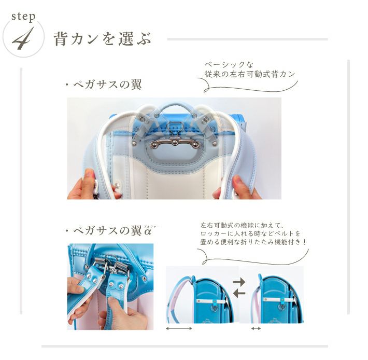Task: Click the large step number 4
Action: [x=22, y=39]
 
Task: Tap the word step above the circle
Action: [x=23, y=17]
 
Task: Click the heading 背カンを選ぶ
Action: [x=102, y=39]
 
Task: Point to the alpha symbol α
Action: [x=147, y=232]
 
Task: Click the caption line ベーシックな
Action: [x=229, y=64]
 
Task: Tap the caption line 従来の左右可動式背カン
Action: [x=250, y=74]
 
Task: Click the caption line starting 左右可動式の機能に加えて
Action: [x=243, y=226]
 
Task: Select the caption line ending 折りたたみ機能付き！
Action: [x=253, y=242]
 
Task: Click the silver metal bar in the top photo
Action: [x=176, y=144]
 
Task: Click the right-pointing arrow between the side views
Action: [x=239, y=282]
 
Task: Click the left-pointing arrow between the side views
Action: [x=239, y=293]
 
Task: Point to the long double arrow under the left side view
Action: [x=179, y=328]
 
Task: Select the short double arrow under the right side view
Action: [x=256, y=328]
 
